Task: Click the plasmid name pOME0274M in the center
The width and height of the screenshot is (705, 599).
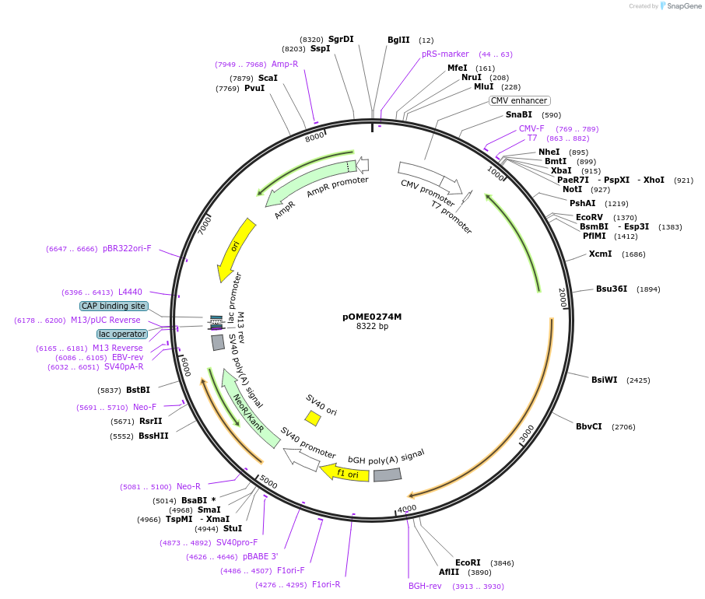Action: point(372,317)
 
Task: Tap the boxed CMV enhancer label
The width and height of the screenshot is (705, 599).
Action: point(520,100)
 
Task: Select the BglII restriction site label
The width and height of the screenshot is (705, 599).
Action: point(398,40)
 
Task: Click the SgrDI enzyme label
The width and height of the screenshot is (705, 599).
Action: point(341,39)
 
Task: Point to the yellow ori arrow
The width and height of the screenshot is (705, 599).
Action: point(236,249)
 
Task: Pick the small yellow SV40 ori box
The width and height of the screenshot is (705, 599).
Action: point(313,419)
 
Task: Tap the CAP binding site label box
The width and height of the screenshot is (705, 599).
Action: point(114,306)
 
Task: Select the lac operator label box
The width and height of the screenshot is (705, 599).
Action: point(121,334)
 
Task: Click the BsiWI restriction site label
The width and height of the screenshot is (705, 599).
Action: point(604,380)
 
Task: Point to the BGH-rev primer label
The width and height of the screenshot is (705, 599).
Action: point(425,586)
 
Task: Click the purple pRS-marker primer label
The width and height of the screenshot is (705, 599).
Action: point(445,54)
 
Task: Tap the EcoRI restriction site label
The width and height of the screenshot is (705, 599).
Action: point(468,562)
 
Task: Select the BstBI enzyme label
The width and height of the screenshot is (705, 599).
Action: point(138,390)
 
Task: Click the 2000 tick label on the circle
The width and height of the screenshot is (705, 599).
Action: point(562,298)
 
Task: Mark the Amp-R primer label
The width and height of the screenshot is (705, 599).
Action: point(285,64)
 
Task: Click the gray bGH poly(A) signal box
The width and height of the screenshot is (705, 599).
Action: point(387,475)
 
